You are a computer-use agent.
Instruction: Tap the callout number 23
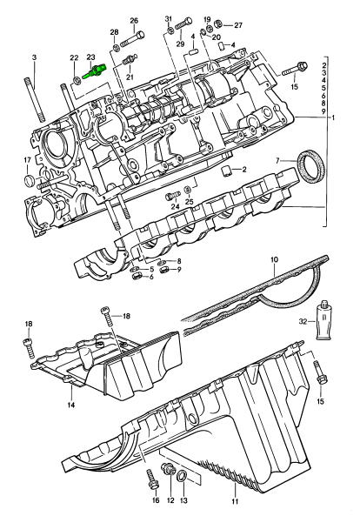click(90, 57)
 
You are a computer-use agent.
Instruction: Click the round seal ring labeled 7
click(311, 166)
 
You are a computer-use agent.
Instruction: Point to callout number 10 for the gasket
click(274, 259)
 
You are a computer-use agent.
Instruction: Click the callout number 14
click(71, 405)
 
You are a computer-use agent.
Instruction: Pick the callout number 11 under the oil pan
click(235, 501)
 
